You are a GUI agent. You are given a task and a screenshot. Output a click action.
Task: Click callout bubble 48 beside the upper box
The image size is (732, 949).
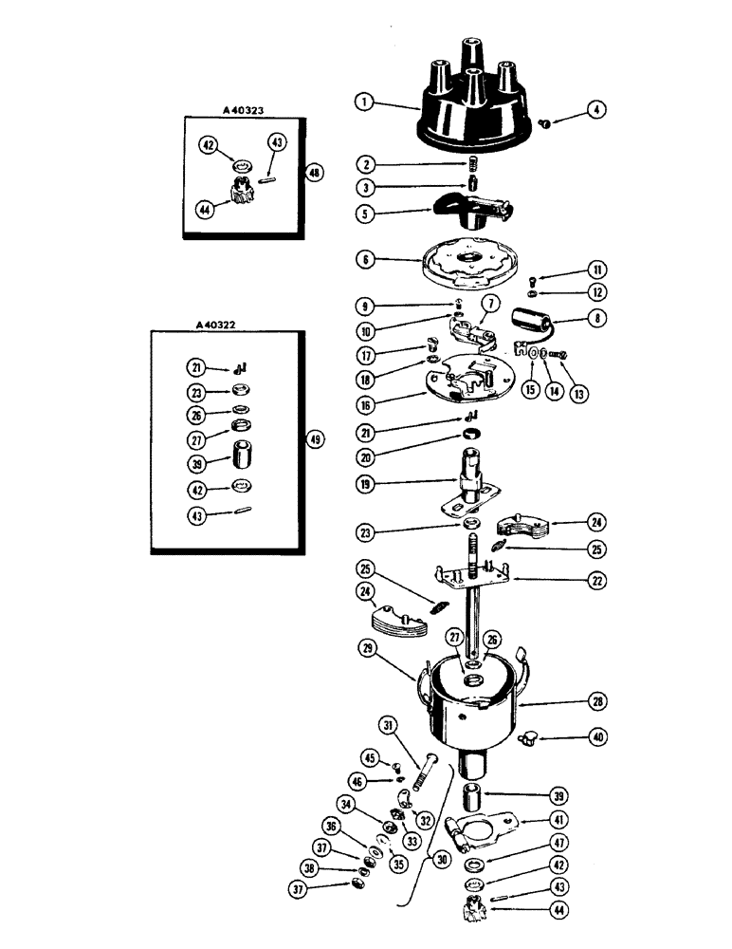[x=315, y=174]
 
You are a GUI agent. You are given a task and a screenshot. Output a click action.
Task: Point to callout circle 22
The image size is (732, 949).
[x=598, y=582]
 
